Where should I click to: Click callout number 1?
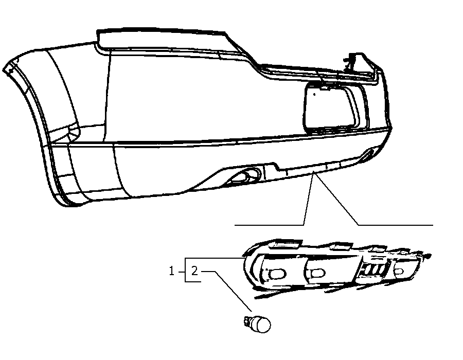(x=171, y=271)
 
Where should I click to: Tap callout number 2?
(x=194, y=271)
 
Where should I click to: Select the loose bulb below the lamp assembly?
(x=257, y=324)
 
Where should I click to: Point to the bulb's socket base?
(x=247, y=321)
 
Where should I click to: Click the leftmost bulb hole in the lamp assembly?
(x=277, y=274)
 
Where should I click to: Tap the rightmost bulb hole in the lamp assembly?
(x=399, y=272)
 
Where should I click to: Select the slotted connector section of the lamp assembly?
(x=373, y=270)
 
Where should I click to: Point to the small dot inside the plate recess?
(x=315, y=95)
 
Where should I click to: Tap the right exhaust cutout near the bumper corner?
(x=368, y=154)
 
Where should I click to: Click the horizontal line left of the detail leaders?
(x=269, y=225)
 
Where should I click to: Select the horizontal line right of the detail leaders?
(x=396, y=225)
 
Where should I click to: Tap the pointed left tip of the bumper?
(x=4, y=70)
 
